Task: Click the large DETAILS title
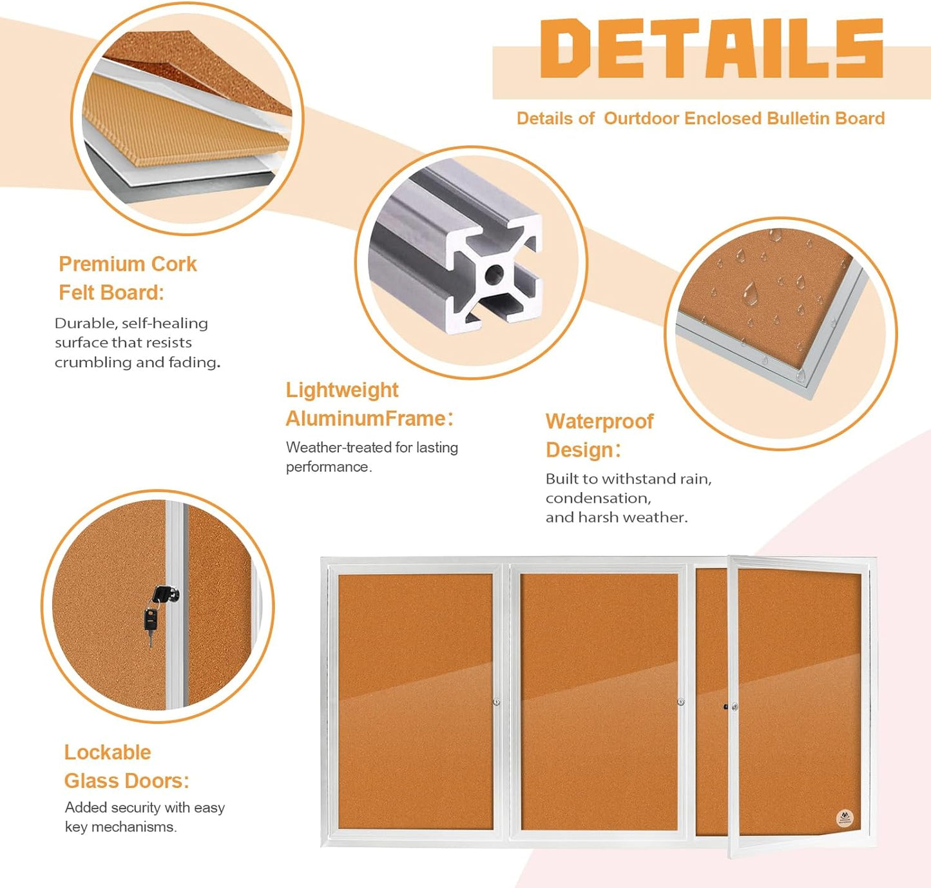point(712,48)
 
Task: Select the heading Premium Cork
point(128,264)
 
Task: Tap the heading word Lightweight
point(342,391)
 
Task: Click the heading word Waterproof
point(599,422)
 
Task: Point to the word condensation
point(599,498)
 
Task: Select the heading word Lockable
point(108,753)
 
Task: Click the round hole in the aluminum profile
point(494,273)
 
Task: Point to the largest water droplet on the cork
point(749,293)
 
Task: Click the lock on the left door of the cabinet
point(496,702)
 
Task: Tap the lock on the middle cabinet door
point(680,702)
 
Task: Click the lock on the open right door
point(734,707)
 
